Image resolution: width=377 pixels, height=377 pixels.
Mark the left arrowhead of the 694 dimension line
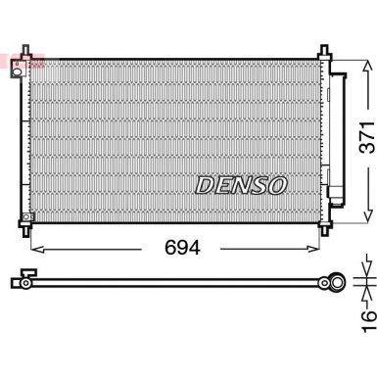point(37,248)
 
